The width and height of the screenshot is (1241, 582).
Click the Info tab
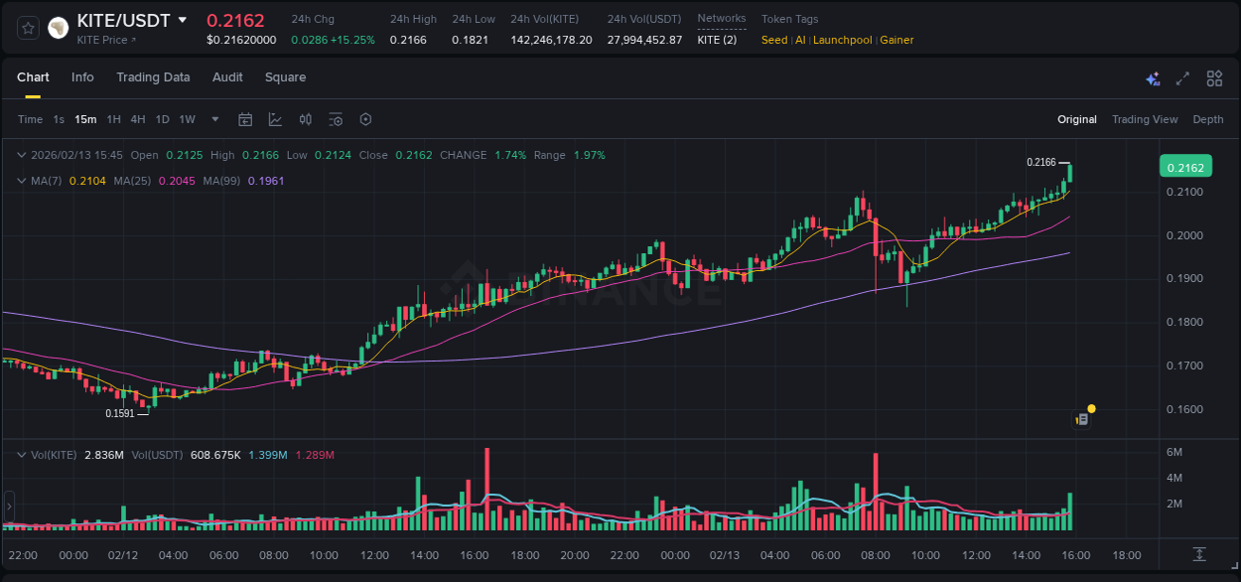82,77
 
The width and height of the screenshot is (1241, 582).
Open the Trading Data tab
153,77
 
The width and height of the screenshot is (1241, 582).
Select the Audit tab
227,77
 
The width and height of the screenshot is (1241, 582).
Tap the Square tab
285,77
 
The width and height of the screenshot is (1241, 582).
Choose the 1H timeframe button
113,119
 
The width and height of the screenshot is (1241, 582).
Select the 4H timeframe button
137,119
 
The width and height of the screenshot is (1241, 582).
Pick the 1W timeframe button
187,119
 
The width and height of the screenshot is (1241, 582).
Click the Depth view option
1207,119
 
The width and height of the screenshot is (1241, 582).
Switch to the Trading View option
1144,119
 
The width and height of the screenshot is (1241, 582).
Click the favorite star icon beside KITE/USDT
29,28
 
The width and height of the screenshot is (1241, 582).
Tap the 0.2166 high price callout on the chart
1040,162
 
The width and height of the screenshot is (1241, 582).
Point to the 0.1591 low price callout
119,413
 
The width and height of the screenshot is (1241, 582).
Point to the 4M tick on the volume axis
1173,478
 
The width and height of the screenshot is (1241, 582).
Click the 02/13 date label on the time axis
725,555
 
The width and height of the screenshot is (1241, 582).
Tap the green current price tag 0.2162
1185,167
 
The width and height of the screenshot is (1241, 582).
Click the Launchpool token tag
842,40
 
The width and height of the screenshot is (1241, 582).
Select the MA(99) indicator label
223,181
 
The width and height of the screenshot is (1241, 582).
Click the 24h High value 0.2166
408,40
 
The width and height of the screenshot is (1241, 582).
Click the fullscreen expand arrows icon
1182,78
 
